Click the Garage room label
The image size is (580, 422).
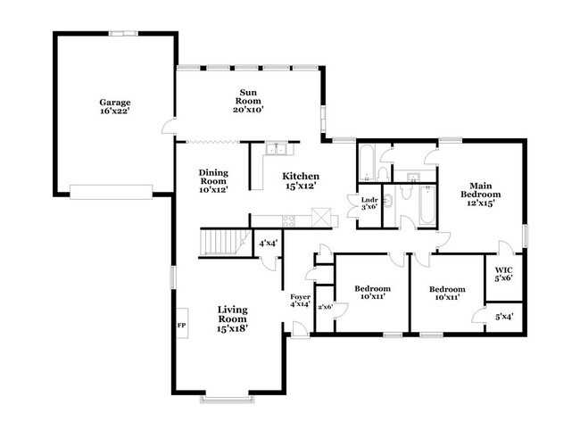(x=115, y=103)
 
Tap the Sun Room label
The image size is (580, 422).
(x=248, y=96)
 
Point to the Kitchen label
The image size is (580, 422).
(x=301, y=176)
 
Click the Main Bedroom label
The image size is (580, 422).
(x=480, y=193)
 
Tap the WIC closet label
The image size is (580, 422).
(x=503, y=272)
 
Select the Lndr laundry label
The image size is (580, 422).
(x=369, y=200)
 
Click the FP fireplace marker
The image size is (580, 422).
(x=181, y=325)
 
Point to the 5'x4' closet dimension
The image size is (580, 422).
(x=503, y=316)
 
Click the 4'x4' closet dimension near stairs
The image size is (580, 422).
(x=268, y=243)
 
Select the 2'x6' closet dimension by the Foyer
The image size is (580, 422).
(x=324, y=307)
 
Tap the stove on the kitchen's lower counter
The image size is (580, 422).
(x=287, y=219)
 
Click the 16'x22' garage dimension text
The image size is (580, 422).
(x=115, y=113)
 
